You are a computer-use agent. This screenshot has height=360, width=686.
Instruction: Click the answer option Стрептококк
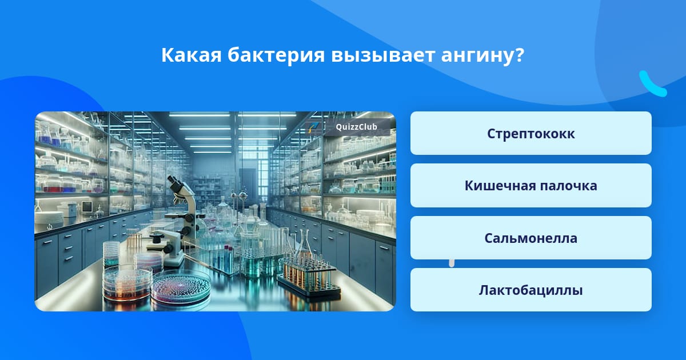pos(531,133)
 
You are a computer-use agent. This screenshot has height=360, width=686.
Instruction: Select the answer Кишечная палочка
pos(531,186)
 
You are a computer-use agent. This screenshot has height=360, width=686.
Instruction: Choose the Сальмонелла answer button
pos(531,238)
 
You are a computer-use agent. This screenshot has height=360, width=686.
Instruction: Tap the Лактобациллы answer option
pos(531,290)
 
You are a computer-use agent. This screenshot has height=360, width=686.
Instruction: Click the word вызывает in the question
pos(383,56)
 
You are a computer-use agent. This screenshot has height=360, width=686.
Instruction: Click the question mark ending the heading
pos(519,55)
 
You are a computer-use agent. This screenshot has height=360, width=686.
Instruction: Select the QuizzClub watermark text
pos(357,127)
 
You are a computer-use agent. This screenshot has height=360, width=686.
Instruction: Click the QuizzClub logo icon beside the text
pos(313,127)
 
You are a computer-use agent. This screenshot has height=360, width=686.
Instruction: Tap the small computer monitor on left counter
pos(87,207)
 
